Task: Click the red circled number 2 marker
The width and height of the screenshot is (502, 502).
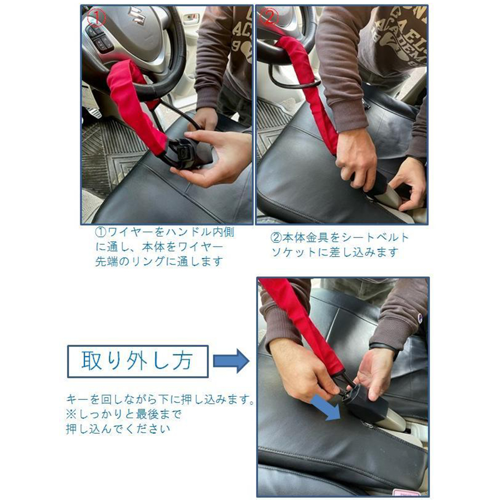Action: point(269,17)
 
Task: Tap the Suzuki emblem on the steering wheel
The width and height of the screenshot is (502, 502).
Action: point(136,16)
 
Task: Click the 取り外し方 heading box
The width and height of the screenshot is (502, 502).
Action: point(138,361)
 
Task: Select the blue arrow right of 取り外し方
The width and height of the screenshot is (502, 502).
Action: point(231,361)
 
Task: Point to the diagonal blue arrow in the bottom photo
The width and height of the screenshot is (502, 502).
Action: point(326,407)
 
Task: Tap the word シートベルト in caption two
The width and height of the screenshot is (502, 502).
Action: point(375,237)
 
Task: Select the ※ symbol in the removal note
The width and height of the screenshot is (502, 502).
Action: point(71,414)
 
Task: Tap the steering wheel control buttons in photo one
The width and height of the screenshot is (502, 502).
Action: point(100,38)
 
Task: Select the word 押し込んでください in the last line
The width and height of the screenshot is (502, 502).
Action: point(118,429)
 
